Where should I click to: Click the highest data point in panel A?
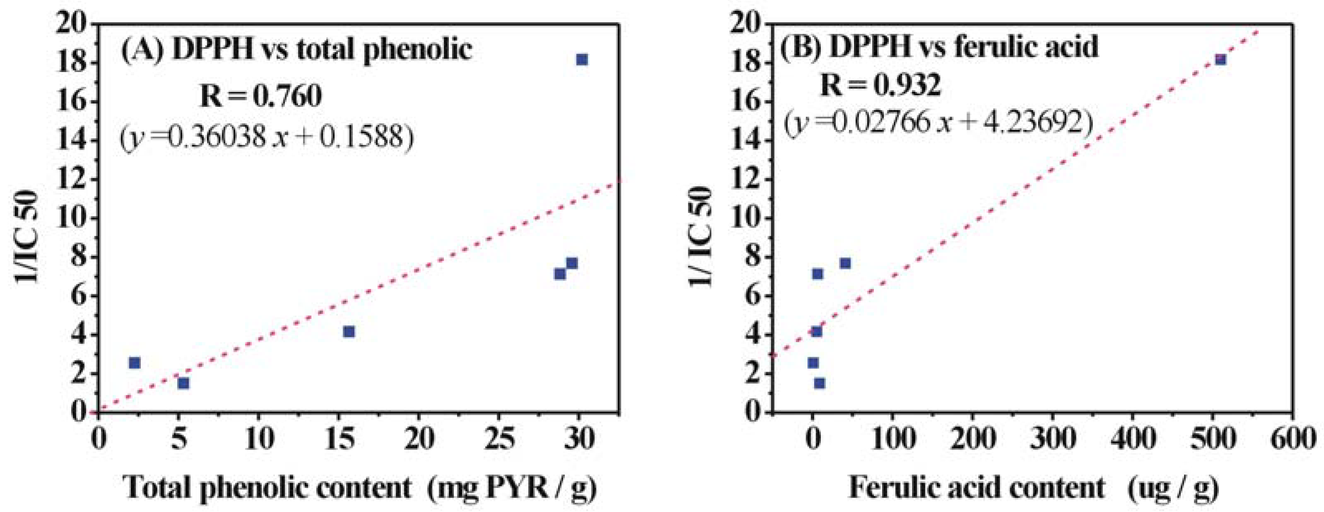[582, 60]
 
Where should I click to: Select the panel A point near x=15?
[349, 332]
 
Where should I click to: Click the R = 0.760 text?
[261, 96]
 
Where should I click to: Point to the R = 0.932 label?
[880, 85]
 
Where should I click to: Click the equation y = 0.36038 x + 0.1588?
[267, 138]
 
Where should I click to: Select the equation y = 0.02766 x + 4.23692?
[938, 123]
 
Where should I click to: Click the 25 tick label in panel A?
[499, 440]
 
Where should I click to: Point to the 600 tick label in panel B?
[1291, 440]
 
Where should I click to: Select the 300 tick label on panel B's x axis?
[1051, 440]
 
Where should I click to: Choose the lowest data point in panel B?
[819, 383]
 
